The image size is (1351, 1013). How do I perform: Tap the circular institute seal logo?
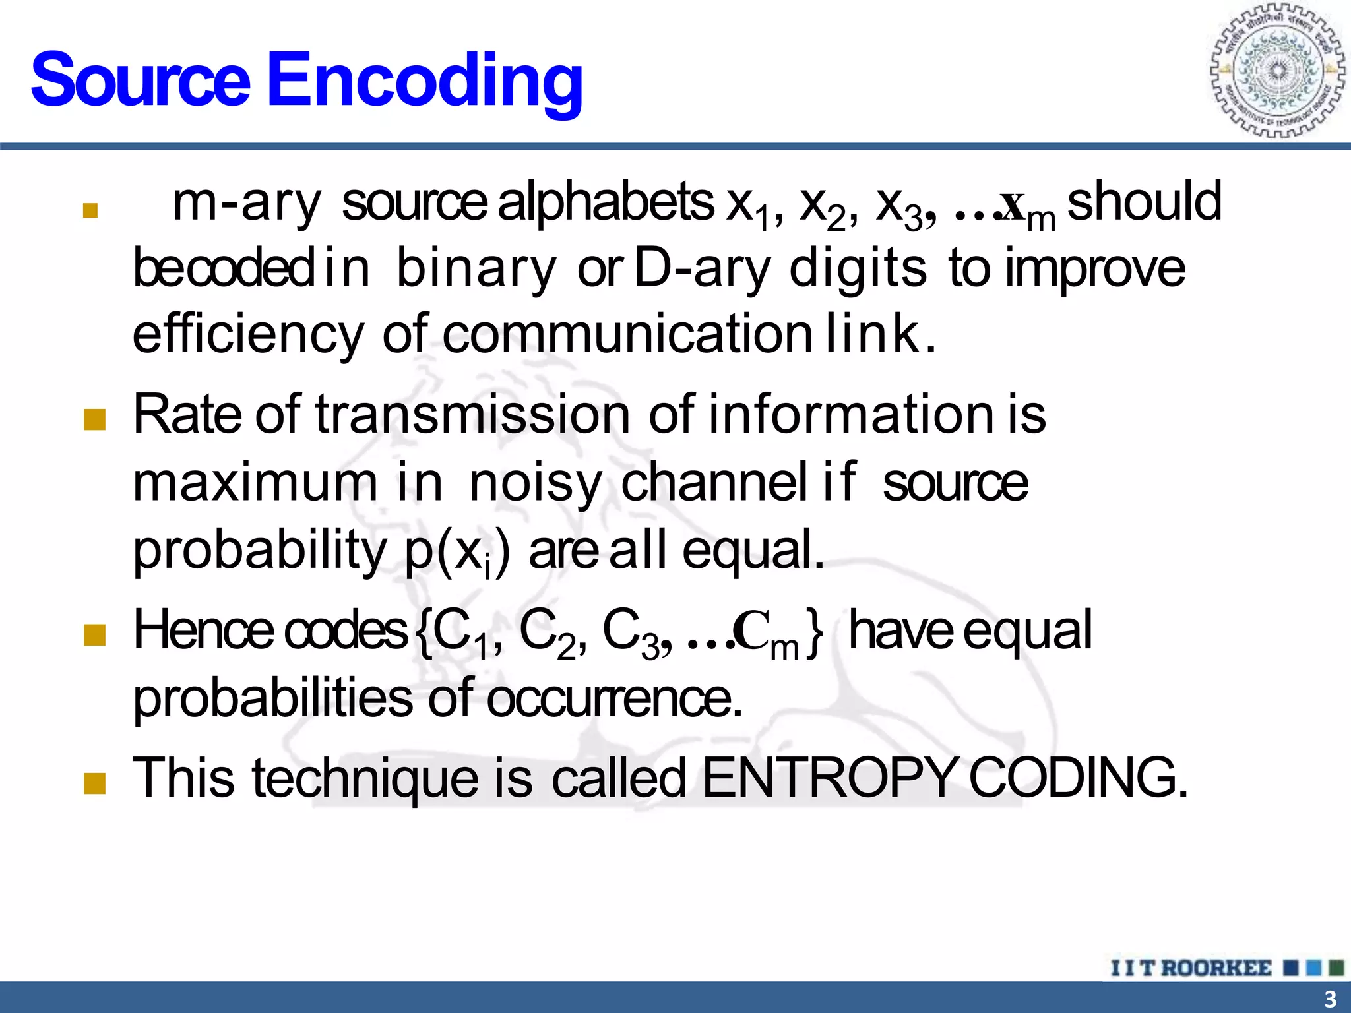pos(1278,71)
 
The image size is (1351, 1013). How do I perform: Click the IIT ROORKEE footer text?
pos(1191,968)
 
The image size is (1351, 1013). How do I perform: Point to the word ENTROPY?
pos(829,778)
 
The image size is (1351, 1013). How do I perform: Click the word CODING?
pos(1078,778)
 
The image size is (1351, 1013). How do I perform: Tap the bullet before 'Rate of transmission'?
pos(95,419)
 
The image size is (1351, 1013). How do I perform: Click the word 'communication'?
pos(627,334)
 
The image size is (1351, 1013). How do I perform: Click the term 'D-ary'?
pos(702,269)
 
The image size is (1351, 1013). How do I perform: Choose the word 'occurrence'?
pos(614,698)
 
